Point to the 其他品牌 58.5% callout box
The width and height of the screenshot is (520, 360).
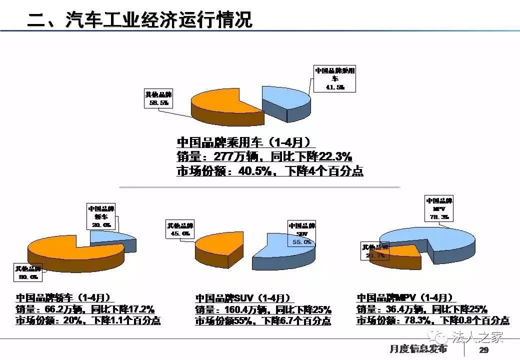click(x=158, y=98)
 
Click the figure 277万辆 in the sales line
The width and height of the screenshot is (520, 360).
click(x=235, y=156)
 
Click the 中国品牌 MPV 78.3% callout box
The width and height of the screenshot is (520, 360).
click(x=439, y=208)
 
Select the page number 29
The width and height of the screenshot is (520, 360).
click(x=483, y=349)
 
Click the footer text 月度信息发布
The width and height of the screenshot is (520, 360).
click(x=418, y=348)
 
